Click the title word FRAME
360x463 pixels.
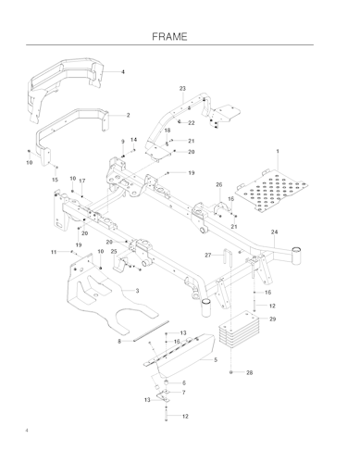point(180,36)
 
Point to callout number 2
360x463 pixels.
point(127,116)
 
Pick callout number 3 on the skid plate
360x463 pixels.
point(136,291)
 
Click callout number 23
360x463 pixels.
point(182,88)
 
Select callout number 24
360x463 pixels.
point(274,231)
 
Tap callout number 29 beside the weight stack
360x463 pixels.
point(272,319)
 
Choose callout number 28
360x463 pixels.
point(249,372)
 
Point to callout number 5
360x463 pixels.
point(215,359)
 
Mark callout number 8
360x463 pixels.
point(119,342)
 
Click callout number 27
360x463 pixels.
point(208,255)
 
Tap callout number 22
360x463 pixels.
point(192,122)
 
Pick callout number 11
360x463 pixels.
point(54,252)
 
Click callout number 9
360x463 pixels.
point(123,141)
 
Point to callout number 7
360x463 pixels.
point(183,393)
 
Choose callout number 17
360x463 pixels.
point(81,181)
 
